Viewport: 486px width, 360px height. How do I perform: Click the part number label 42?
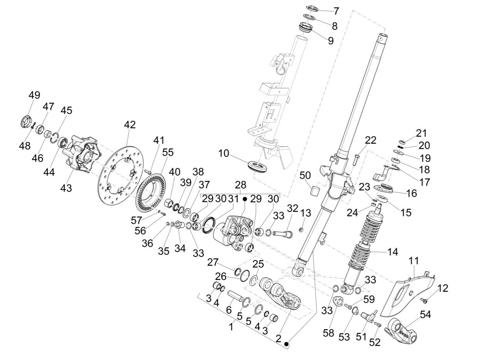point(130,125)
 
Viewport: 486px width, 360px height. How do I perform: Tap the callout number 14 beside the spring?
point(393,252)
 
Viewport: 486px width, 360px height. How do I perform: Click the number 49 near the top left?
point(34,95)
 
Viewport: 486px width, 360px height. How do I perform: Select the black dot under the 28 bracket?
point(245,199)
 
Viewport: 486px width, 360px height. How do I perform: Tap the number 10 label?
point(223,153)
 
